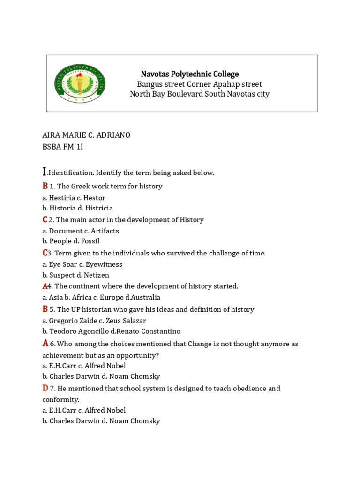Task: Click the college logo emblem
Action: pos(80,83)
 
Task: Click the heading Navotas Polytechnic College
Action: pos(189,74)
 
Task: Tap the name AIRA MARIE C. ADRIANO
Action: pos(86,135)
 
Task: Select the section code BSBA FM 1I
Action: pos(63,146)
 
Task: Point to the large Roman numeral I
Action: pos(45,172)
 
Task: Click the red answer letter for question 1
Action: pos(45,186)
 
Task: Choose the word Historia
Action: pos(60,208)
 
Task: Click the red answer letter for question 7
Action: pos(45,388)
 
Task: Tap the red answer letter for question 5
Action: pos(45,309)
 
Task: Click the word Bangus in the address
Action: pos(149,84)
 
